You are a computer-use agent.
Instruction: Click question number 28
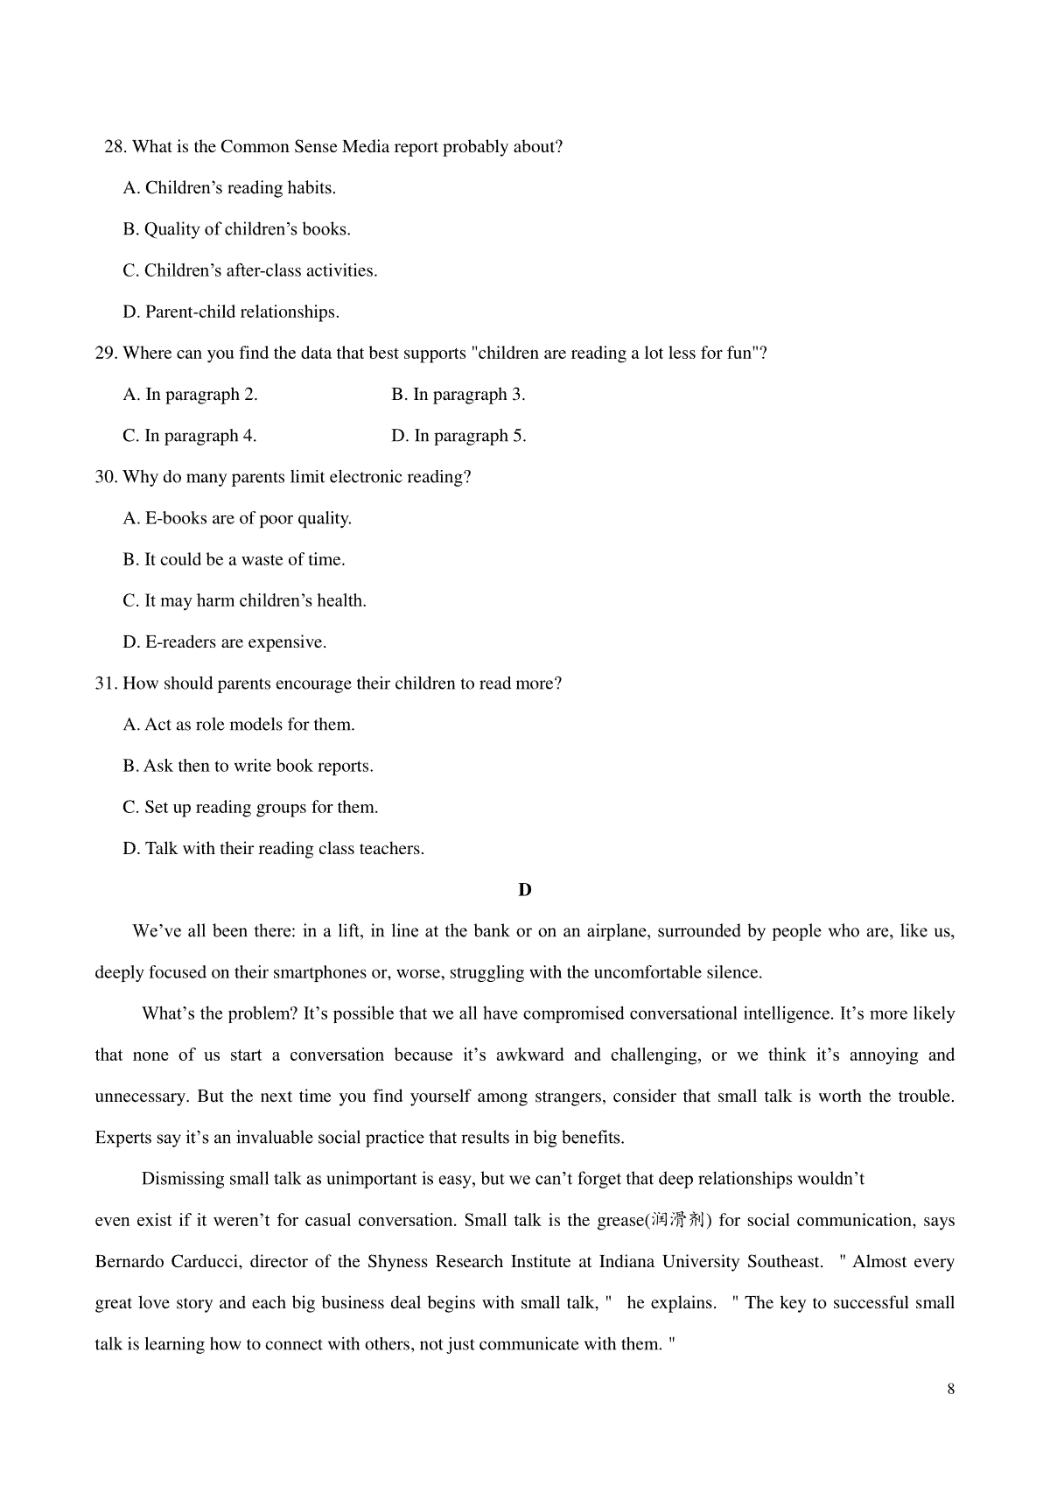point(115,147)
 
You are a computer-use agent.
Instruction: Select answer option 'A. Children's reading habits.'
point(229,188)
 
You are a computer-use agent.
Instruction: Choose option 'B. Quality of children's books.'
point(236,229)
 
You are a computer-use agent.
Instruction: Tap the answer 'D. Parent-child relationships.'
point(231,312)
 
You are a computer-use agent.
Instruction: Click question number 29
point(106,354)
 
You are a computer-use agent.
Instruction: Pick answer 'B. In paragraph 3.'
point(458,395)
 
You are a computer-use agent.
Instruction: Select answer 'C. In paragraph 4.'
point(190,436)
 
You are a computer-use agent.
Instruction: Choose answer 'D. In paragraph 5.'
point(458,436)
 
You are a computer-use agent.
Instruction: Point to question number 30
point(106,477)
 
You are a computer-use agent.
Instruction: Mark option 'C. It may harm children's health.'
point(244,601)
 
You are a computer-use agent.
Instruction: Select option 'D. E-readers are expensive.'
point(225,642)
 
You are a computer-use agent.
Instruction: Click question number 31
point(106,683)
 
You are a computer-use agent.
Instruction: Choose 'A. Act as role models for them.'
point(239,725)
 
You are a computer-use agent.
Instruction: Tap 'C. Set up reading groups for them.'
point(250,808)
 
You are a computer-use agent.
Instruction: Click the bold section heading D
point(525,890)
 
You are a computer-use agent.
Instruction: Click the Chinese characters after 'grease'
point(677,1221)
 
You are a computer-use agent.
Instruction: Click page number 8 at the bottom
point(951,1390)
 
